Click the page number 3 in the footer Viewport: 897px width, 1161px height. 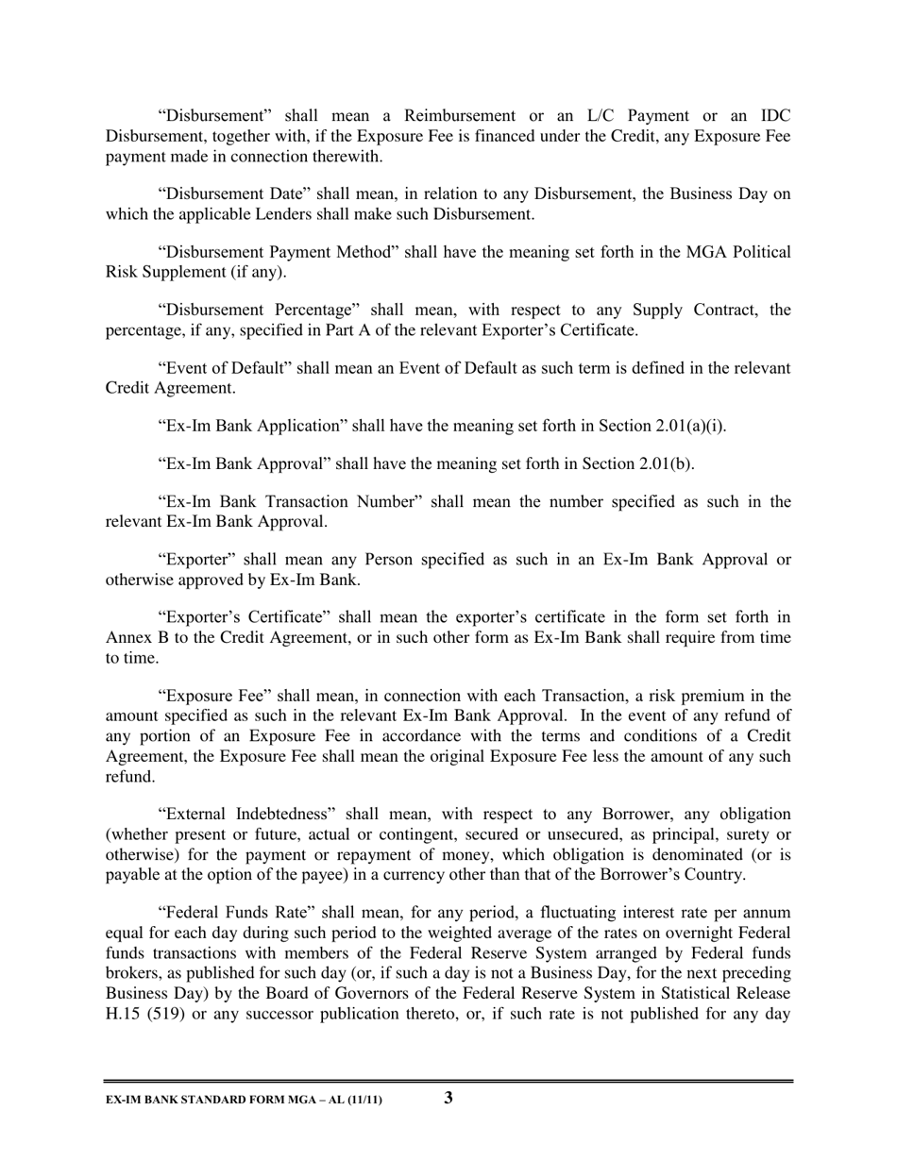pyautogui.click(x=448, y=1097)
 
